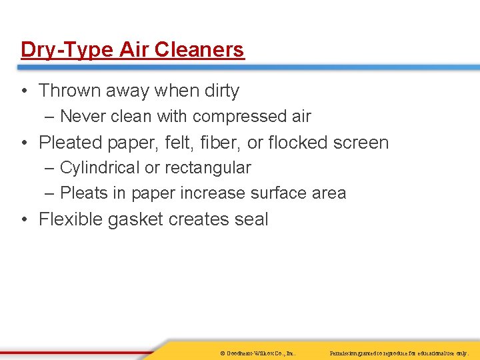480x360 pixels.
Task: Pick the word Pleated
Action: [72, 143]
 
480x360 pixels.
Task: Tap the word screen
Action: [363, 143]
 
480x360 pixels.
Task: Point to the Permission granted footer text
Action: [399, 351]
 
